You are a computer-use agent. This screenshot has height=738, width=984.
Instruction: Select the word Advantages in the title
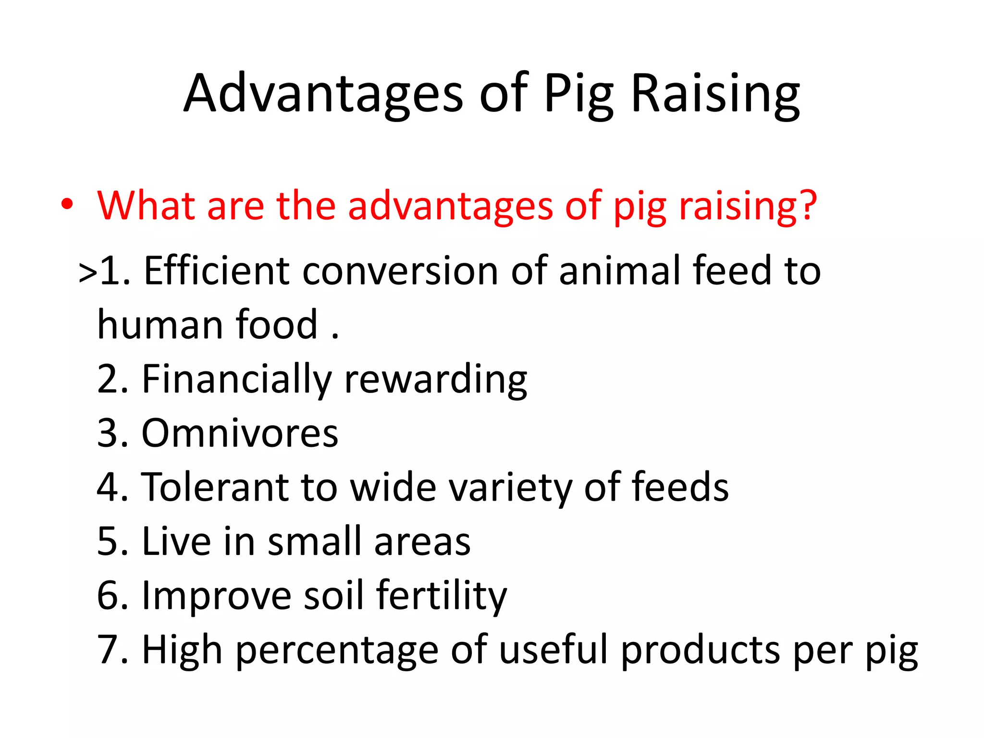coord(323,94)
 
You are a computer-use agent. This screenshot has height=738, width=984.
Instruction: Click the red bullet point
coord(67,204)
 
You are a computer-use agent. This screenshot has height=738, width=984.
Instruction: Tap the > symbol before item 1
coord(88,273)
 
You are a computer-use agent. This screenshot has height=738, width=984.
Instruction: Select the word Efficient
coord(217,271)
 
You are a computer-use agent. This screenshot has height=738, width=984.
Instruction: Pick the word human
coord(159,325)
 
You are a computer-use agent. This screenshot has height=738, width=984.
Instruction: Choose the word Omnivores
coord(240,433)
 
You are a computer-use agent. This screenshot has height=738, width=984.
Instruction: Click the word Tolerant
coord(215,487)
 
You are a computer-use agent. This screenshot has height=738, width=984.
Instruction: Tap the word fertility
coord(441,596)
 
